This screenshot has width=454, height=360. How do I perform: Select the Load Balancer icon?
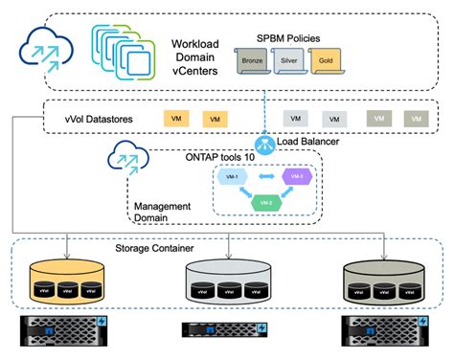click(266, 142)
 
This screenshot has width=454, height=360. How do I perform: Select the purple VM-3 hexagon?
click(297, 177)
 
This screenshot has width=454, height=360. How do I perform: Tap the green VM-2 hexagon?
click(264, 202)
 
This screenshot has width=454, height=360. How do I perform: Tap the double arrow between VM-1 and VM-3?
click(264, 177)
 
